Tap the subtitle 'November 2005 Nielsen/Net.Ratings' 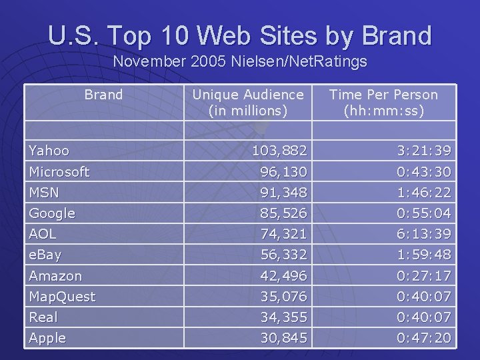(x=240, y=62)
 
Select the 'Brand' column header (x=103, y=95)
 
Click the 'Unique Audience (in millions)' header (x=247, y=103)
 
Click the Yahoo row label (x=49, y=151)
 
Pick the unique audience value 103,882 (x=279, y=151)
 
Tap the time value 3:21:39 (x=424, y=151)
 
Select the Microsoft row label (x=59, y=172)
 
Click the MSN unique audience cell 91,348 (x=284, y=193)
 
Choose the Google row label (x=52, y=213)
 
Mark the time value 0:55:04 (x=424, y=213)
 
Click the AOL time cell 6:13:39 (x=424, y=234)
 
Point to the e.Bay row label (x=45, y=255)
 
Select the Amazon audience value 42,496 (x=284, y=275)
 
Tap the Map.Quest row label (x=62, y=296)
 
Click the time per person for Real (x=424, y=317)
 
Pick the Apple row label (x=47, y=338)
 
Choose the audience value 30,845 (x=284, y=338)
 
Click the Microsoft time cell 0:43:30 (x=424, y=172)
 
